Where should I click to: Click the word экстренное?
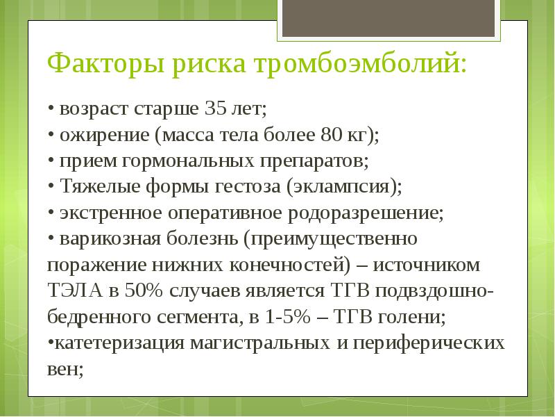click(103, 213)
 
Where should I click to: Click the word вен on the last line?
click(65, 370)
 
